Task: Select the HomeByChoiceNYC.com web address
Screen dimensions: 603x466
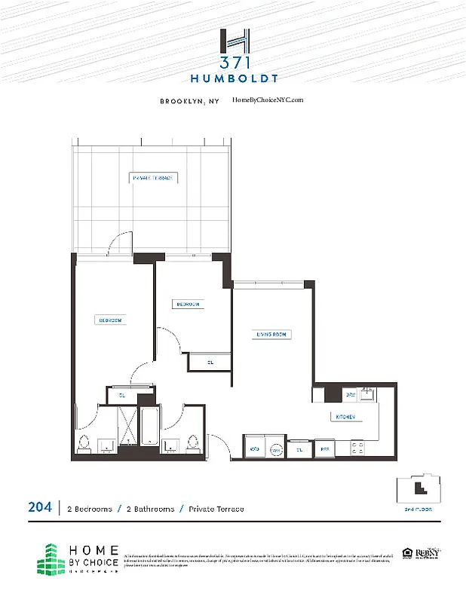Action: (x=268, y=99)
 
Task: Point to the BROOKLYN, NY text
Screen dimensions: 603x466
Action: (x=189, y=100)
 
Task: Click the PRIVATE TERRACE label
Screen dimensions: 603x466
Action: (x=153, y=178)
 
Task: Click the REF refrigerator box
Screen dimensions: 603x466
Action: (x=324, y=448)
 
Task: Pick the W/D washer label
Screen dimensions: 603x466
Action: (x=254, y=448)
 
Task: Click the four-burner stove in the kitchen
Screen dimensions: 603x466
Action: (x=357, y=448)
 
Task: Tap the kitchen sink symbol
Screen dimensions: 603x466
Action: (x=367, y=393)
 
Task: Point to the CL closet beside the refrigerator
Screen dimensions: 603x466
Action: (x=299, y=448)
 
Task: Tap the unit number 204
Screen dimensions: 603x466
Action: (x=40, y=509)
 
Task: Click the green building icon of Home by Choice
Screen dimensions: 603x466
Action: (x=51, y=558)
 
